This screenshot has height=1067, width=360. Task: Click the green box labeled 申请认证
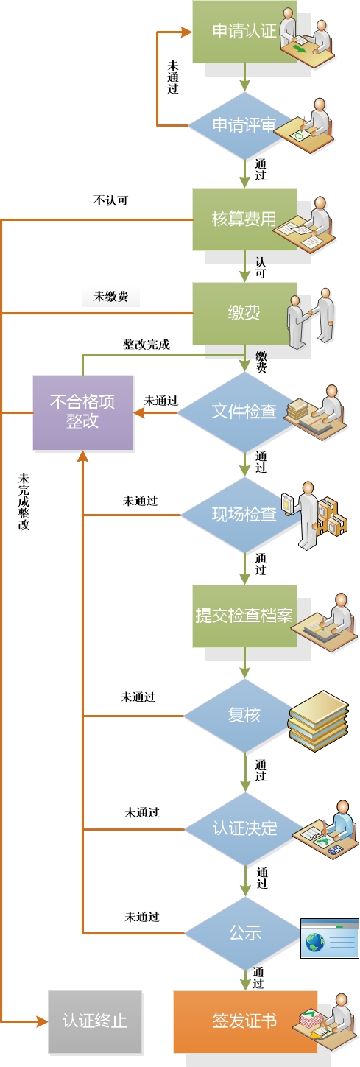[244, 32]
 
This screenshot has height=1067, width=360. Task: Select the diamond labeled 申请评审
[244, 126]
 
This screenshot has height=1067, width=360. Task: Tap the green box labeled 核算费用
[244, 219]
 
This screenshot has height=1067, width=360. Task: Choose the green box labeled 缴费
[244, 314]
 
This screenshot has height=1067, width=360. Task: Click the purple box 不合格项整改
[83, 412]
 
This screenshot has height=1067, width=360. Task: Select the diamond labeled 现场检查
[244, 515]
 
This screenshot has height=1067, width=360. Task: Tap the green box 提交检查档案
[244, 616]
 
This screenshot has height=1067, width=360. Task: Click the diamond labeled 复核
[244, 716]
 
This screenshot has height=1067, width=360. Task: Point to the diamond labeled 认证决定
[244, 829]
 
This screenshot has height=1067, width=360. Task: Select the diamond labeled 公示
[244, 933]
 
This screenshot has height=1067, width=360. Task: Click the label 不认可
[111, 200]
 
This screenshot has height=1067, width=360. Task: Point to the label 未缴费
[111, 297]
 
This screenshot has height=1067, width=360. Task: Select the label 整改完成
[147, 345]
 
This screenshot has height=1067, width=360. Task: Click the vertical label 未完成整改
[24, 501]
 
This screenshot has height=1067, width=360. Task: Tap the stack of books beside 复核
[318, 721]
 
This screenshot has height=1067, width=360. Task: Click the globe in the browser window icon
[315, 943]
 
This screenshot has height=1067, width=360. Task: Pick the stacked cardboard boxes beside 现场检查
[332, 517]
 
